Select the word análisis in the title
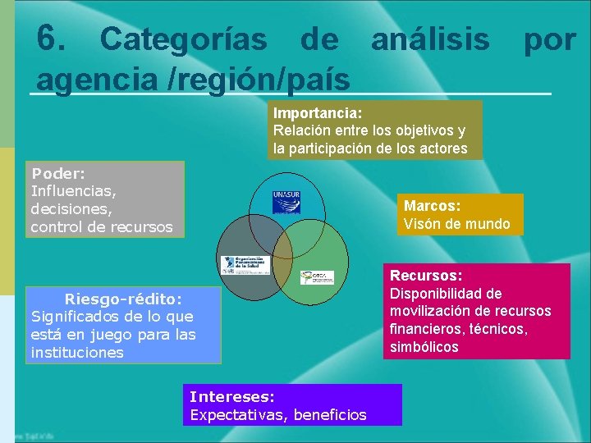point(430,39)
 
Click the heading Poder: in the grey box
point(58,174)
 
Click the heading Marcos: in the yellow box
point(432,206)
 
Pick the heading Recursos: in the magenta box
point(426,276)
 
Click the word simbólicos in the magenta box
point(424,347)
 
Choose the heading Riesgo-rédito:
point(123,299)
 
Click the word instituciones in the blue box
point(77,353)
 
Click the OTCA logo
point(317,277)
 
